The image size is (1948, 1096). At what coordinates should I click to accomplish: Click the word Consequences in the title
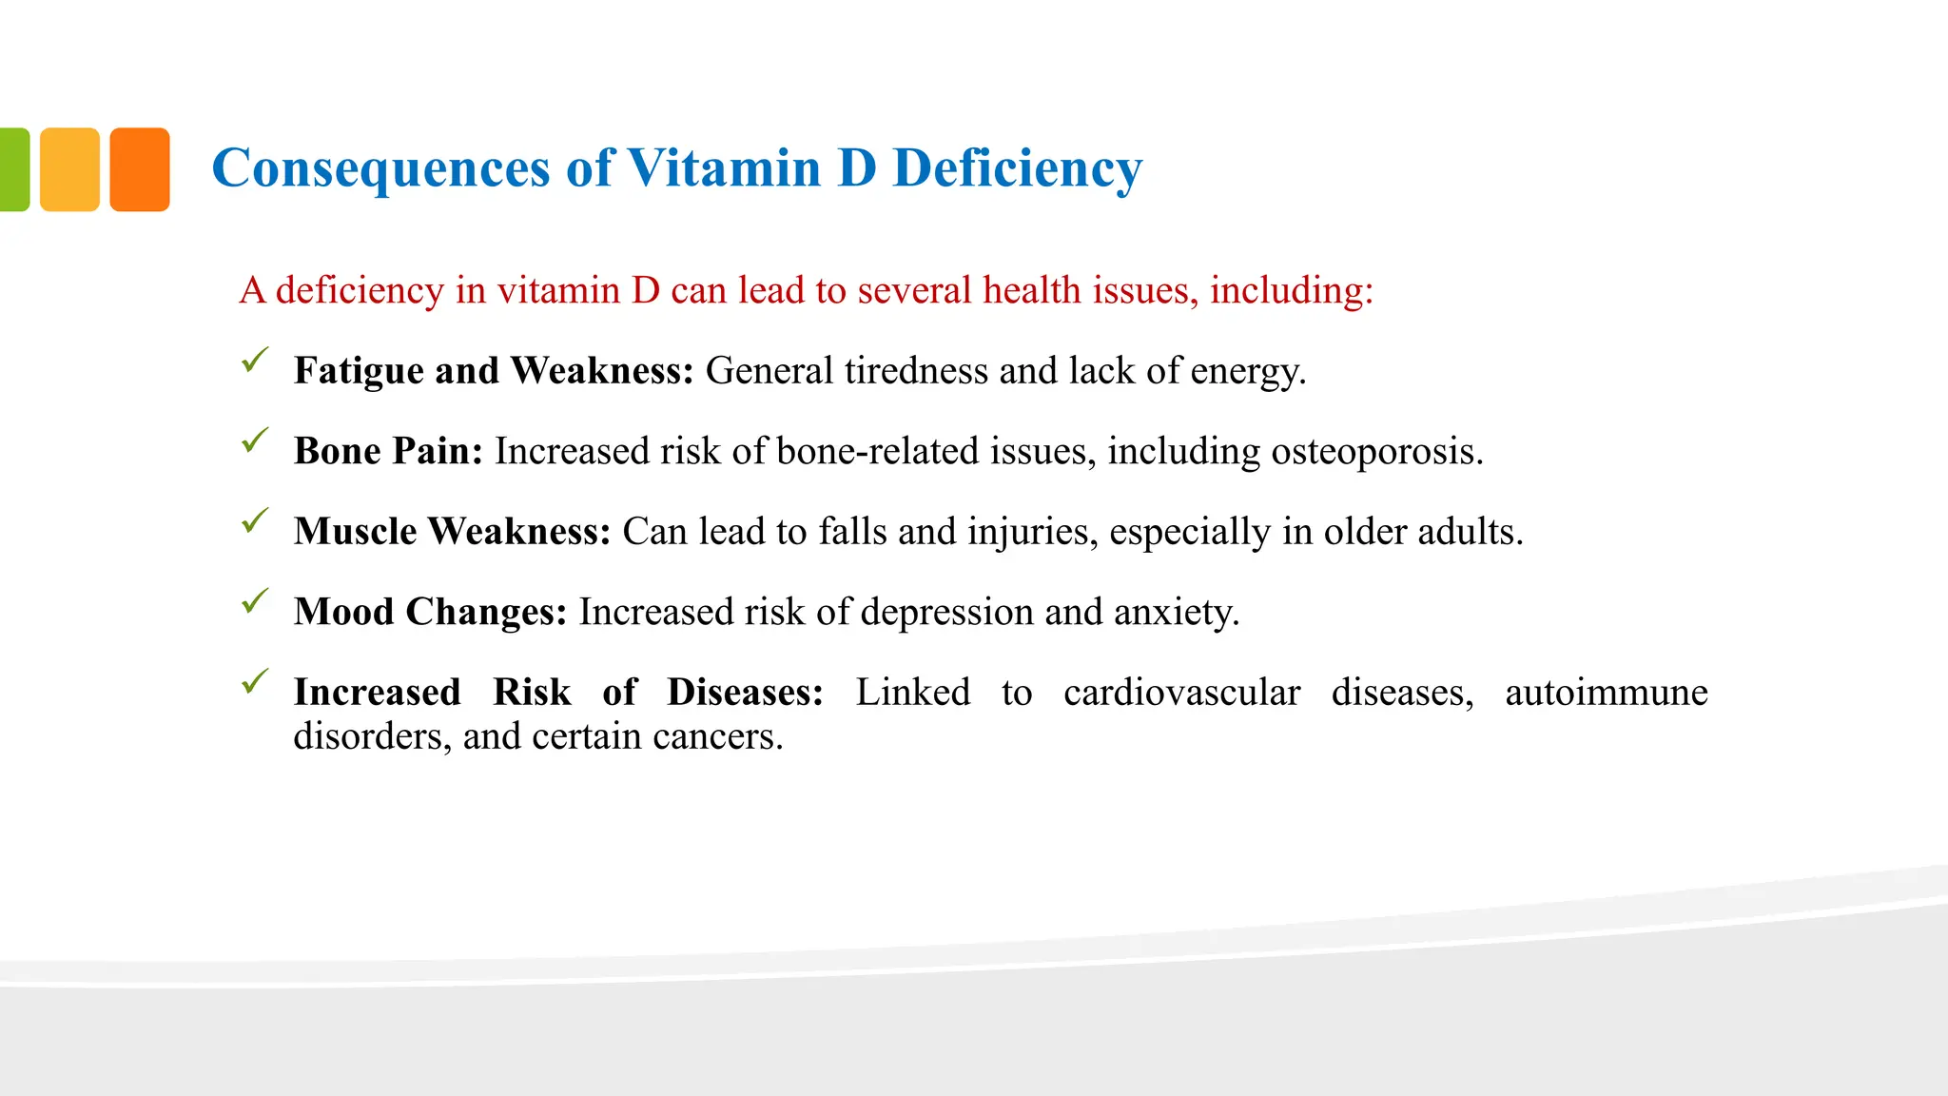pos(380,168)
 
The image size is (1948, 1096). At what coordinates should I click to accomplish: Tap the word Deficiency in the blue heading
pos(1017,168)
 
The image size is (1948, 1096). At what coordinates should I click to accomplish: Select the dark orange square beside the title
pos(140,169)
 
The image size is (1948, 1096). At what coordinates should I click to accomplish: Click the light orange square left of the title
pos(69,169)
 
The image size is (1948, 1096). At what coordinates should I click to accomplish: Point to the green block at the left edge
pos(13,169)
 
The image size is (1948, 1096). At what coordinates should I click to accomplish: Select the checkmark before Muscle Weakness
pos(255,520)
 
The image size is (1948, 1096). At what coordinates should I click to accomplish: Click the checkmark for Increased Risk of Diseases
pos(255,681)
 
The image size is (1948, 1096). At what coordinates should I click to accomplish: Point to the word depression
pos(946,612)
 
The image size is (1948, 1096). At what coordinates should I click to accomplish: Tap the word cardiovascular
pos(1181,693)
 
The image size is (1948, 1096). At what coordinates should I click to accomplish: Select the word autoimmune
pos(1606,693)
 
